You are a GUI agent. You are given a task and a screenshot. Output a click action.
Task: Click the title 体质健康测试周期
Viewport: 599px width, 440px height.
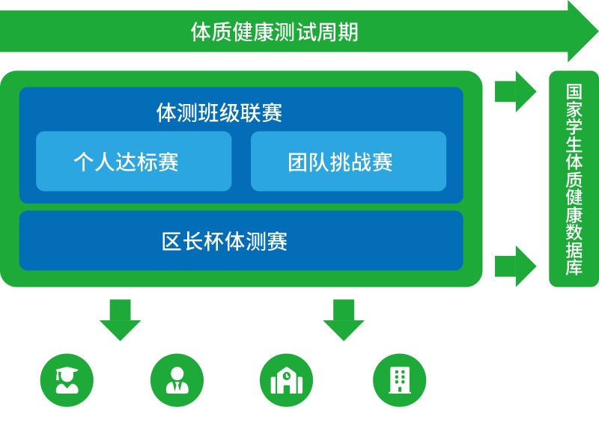point(274,32)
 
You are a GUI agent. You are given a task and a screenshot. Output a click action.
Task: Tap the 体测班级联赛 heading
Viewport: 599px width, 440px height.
point(219,113)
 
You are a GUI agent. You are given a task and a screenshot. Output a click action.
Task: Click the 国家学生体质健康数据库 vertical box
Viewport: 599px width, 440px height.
point(574,178)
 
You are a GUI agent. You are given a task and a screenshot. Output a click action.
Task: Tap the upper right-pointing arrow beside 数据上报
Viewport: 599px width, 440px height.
point(516,91)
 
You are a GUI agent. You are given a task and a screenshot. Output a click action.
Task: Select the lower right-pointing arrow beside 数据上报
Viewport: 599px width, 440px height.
point(516,266)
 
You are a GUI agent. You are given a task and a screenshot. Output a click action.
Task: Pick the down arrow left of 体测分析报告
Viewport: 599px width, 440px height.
point(120,320)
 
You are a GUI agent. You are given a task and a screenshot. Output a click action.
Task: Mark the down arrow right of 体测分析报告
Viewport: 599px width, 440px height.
point(344,320)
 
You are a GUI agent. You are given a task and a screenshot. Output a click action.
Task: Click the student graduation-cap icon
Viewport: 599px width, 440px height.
point(67,379)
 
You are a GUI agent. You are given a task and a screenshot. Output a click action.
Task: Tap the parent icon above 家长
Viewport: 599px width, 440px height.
point(177,379)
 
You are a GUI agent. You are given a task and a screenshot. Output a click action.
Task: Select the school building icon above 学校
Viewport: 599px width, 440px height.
point(287,379)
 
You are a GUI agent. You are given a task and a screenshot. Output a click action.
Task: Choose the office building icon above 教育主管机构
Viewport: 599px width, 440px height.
point(400,379)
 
